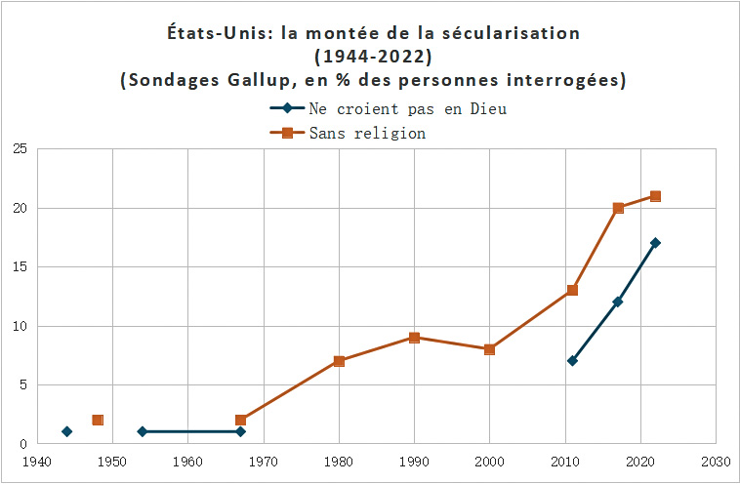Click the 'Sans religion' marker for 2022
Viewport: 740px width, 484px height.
(655, 196)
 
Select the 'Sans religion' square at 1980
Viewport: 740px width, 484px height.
(339, 361)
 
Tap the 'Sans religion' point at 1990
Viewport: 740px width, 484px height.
(414, 338)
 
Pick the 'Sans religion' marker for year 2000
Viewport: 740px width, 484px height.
(489, 349)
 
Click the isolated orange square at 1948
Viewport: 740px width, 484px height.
(98, 420)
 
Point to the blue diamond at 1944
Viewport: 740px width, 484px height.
(67, 431)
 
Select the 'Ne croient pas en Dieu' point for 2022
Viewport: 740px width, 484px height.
(655, 243)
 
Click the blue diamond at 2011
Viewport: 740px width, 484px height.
(572, 361)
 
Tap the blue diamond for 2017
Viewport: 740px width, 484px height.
(618, 302)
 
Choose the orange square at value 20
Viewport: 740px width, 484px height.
(618, 208)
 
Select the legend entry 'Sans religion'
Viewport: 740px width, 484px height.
(367, 133)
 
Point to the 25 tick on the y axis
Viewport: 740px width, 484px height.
(19, 149)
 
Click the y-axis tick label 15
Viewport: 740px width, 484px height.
(19, 267)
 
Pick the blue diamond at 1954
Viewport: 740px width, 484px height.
(143, 431)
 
